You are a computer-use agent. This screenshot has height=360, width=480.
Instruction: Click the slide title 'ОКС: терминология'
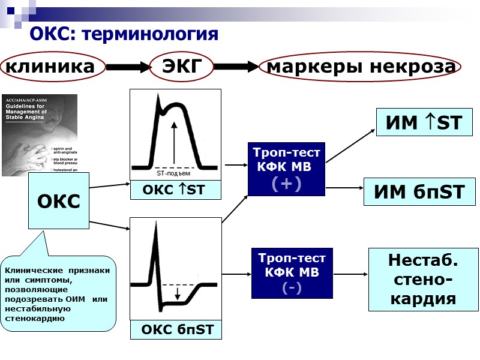coord(124,34)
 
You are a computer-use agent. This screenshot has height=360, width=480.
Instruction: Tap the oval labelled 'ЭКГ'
coord(181,67)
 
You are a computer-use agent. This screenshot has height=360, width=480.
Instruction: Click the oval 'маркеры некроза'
coord(361,67)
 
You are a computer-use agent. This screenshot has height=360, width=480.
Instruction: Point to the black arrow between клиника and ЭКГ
coord(128,67)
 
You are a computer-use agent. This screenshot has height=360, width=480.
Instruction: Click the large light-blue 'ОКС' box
coord(59,201)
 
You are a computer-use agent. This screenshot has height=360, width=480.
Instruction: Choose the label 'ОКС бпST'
coord(176,330)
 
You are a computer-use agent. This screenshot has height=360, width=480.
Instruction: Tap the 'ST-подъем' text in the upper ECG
coord(174,173)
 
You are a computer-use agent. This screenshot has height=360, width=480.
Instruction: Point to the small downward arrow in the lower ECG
coord(178,293)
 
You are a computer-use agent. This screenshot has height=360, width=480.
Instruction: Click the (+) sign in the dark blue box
coord(286,183)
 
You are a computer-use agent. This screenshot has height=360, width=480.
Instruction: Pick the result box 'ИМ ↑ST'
coord(424,122)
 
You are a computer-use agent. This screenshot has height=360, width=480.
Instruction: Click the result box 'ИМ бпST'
coord(419,192)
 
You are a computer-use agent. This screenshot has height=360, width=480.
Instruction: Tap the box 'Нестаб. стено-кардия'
coord(423,280)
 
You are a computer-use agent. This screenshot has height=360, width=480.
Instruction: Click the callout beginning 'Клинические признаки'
coord(58,294)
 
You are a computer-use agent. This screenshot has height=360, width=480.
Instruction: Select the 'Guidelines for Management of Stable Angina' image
coord(40,135)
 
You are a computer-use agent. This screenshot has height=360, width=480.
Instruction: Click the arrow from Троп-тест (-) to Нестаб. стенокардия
coord(349,274)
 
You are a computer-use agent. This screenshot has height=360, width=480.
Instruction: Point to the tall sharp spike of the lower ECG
coord(155,252)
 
